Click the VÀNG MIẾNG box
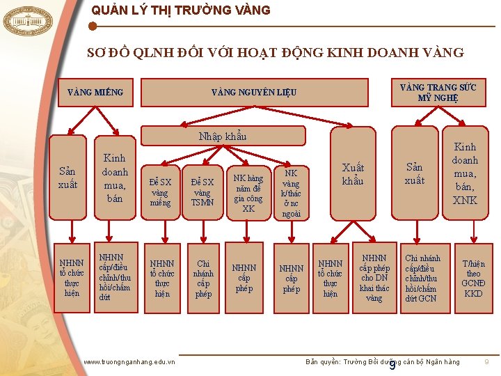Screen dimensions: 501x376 click(95, 92)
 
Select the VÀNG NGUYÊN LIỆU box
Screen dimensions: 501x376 click(254, 92)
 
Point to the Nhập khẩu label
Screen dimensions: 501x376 click(222, 136)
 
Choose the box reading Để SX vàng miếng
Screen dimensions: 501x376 click(160, 191)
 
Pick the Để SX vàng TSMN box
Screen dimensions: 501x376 click(202, 191)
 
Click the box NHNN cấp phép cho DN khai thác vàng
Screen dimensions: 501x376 click(374, 278)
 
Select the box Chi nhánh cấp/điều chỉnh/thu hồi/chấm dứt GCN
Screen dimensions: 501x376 click(422, 278)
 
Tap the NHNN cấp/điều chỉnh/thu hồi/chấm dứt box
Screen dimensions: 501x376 click(115, 277)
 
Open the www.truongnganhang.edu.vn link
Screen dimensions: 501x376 click(129, 361)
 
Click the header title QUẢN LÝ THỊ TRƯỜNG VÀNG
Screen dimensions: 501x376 click(180, 10)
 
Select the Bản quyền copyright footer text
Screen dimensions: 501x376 click(383, 362)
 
